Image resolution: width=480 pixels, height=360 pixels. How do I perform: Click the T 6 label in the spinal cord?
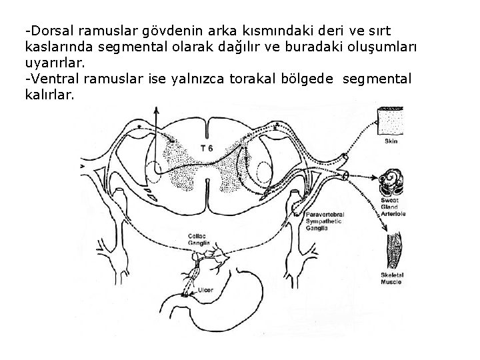[206, 147]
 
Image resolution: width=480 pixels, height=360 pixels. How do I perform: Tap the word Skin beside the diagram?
[391, 141]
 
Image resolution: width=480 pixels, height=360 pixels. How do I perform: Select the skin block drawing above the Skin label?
[391, 121]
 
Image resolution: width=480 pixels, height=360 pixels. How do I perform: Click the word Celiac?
[198, 236]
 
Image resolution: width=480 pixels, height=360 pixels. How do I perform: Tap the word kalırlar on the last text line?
[49, 96]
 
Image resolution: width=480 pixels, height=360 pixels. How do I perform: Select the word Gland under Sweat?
[389, 207]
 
